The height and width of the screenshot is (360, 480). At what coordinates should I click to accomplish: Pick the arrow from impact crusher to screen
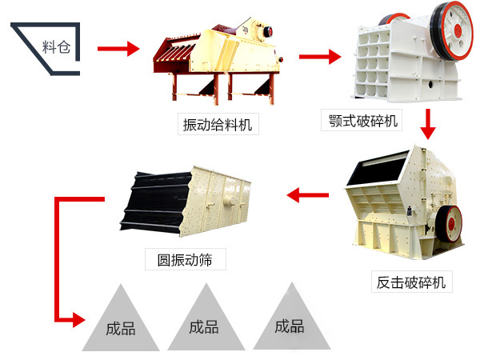point(308,194)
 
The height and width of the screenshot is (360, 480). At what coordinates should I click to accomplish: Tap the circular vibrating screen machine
point(187,203)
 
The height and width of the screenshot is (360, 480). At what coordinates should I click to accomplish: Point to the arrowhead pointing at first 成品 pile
point(78,320)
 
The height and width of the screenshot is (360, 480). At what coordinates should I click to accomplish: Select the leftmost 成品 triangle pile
point(120,321)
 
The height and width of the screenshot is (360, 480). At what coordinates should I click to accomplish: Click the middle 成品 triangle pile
point(204,320)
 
